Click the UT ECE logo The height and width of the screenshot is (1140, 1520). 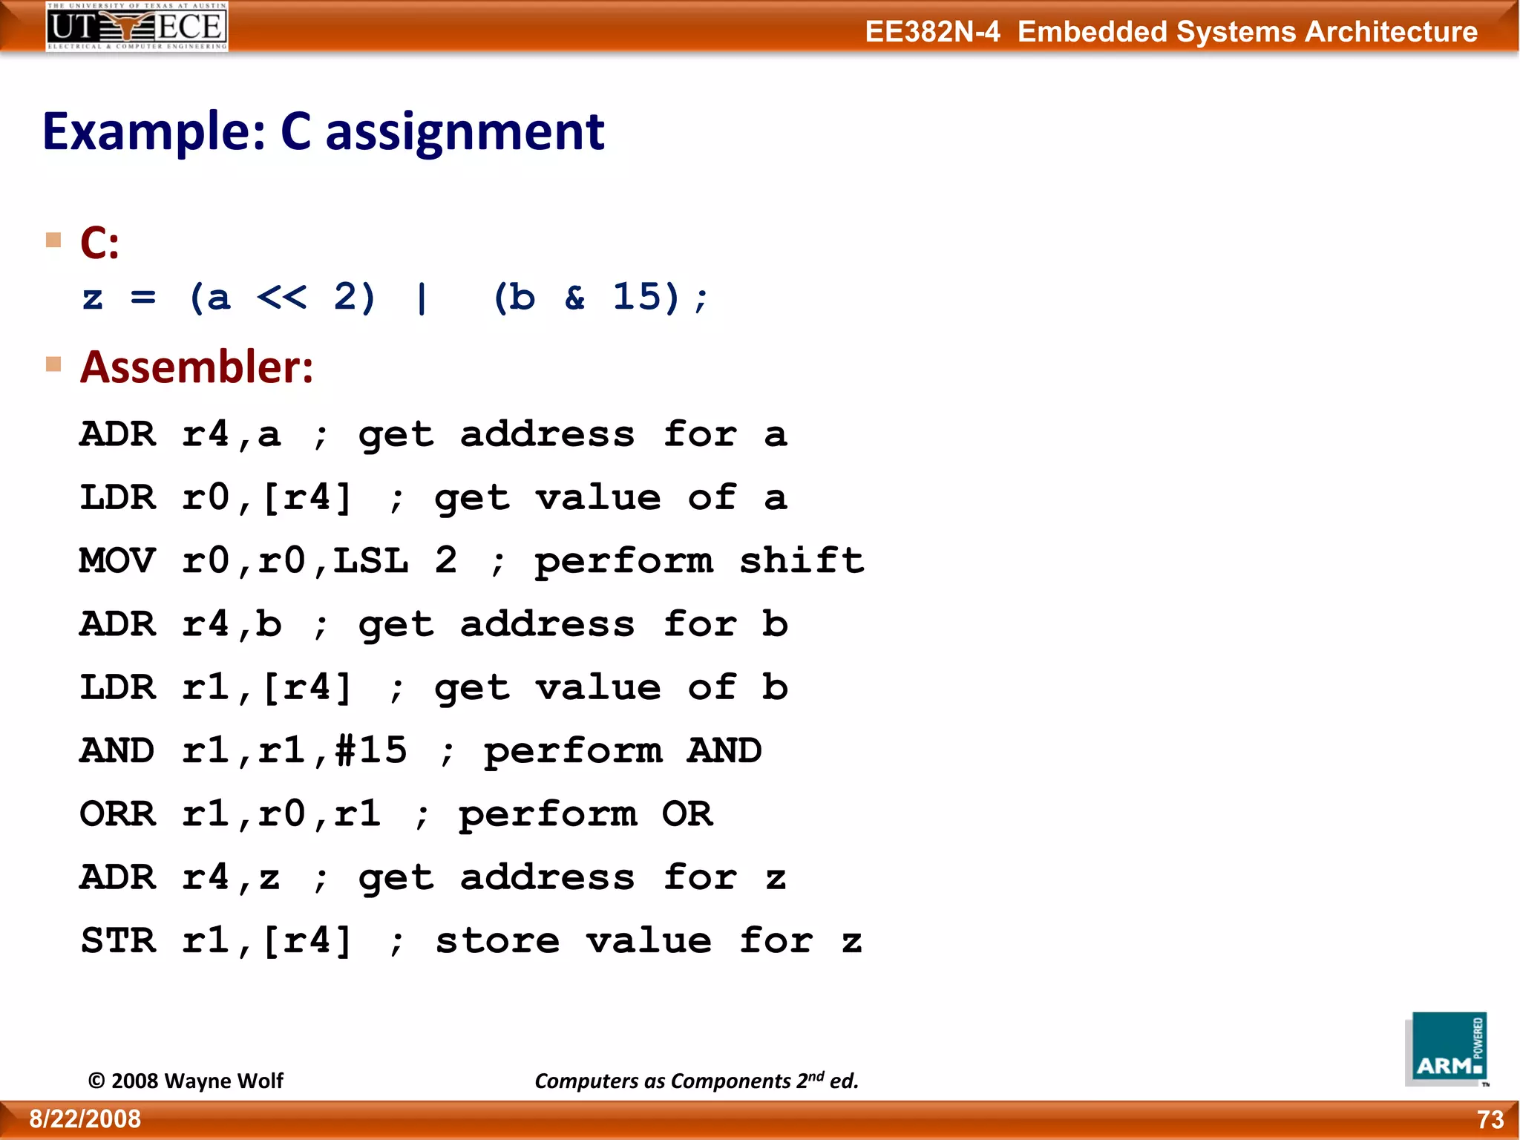[x=137, y=27]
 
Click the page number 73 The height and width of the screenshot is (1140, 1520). [x=1490, y=1119]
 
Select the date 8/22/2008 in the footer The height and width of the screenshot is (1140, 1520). [x=85, y=1119]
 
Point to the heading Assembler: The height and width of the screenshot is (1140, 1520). [x=197, y=367]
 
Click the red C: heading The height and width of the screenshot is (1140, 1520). [x=99, y=243]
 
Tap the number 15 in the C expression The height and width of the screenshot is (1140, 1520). [x=636, y=297]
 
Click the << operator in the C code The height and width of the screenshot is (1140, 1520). [x=281, y=297]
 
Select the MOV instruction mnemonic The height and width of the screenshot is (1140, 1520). [x=117, y=560]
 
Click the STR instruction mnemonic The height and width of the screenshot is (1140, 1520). [x=117, y=941]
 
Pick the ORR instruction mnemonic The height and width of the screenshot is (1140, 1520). [x=117, y=814]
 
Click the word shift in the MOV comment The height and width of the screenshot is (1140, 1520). [x=802, y=560]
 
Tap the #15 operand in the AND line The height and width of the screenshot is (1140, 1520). [x=370, y=750]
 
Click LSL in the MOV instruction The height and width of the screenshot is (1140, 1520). [x=370, y=560]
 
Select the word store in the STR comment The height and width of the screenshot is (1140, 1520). [x=497, y=941]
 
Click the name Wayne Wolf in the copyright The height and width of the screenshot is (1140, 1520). [x=223, y=1081]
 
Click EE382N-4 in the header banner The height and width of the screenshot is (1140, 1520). [x=932, y=32]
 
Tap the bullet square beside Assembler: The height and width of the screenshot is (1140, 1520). [x=53, y=364]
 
